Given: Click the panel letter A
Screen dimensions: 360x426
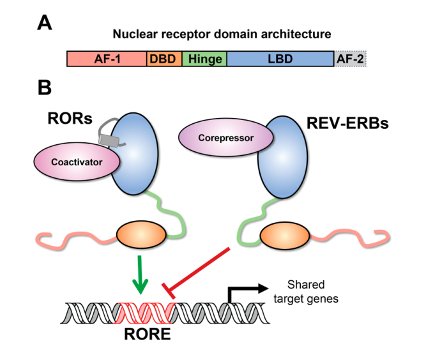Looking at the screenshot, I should (x=44, y=24).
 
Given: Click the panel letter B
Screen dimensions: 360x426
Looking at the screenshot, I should (x=45, y=87).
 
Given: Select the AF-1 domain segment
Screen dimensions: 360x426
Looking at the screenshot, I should (x=107, y=59).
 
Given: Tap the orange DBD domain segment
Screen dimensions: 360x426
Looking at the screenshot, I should (x=164, y=59).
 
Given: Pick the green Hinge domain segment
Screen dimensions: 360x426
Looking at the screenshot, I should (x=204, y=59).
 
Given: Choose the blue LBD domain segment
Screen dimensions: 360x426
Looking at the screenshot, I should (x=280, y=59).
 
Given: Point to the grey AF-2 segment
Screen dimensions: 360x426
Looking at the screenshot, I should (x=350, y=59).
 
